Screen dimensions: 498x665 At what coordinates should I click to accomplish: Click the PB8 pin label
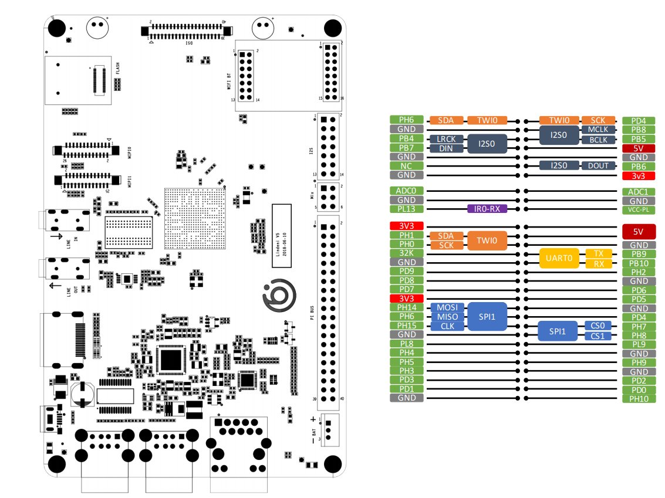click(639, 130)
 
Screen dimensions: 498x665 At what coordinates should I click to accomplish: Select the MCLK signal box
click(598, 130)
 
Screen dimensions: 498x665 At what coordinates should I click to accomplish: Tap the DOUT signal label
click(598, 166)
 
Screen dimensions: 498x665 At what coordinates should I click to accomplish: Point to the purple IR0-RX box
click(487, 209)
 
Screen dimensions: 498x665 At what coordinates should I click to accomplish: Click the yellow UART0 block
click(559, 259)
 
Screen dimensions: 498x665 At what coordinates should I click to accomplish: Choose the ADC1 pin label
click(639, 192)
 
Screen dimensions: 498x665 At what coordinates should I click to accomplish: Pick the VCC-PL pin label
click(639, 210)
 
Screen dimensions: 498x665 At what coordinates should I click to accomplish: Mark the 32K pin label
click(407, 253)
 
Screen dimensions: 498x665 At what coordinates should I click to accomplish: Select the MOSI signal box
click(447, 307)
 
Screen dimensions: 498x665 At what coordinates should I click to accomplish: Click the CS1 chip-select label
click(598, 336)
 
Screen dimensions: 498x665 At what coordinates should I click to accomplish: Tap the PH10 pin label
click(639, 399)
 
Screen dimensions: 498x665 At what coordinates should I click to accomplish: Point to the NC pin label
click(407, 166)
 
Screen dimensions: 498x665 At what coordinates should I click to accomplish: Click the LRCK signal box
click(447, 140)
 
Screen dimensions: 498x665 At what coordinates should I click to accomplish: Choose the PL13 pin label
click(407, 209)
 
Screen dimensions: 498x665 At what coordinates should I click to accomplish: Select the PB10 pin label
click(639, 263)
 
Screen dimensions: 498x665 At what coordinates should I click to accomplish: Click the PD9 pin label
click(407, 271)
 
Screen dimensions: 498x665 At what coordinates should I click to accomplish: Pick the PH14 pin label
click(407, 307)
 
